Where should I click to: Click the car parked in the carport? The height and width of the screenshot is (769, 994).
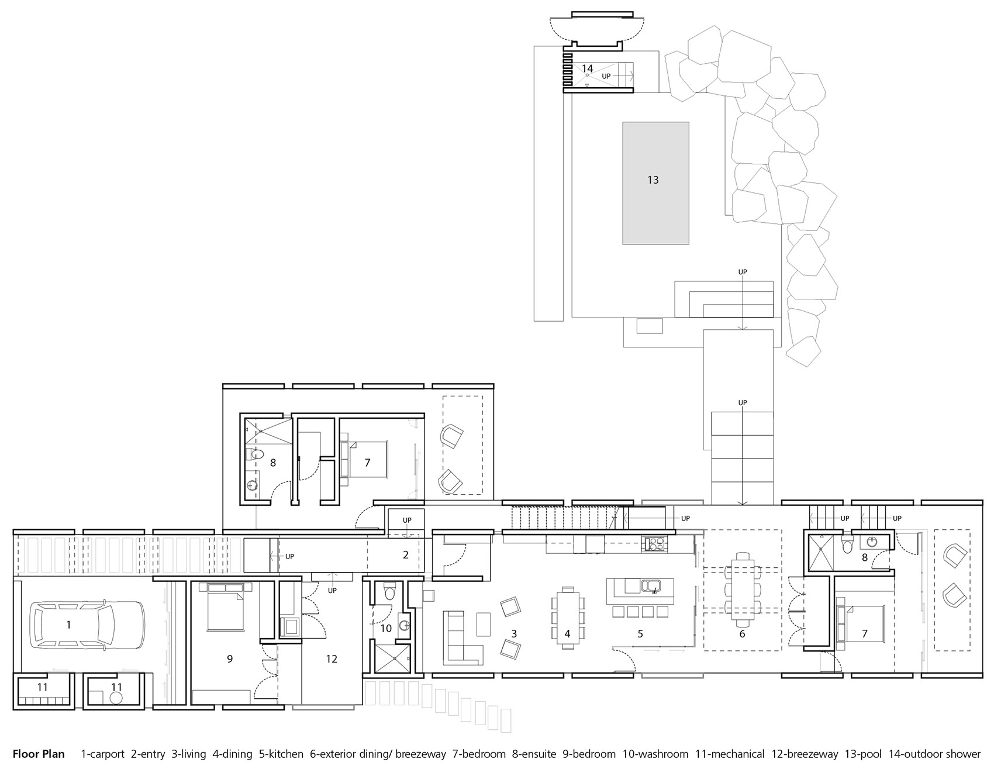tap(88, 625)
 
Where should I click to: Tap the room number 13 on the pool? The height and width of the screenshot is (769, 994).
tap(653, 180)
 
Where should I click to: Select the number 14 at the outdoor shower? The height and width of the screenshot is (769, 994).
tap(587, 68)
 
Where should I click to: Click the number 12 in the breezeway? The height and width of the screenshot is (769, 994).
tap(332, 659)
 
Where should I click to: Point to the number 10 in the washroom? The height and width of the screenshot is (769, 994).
tap(386, 629)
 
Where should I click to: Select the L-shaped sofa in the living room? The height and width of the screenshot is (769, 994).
tap(463, 637)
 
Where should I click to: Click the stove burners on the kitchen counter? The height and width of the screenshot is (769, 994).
tap(653, 544)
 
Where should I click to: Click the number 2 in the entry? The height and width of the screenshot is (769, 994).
tap(406, 555)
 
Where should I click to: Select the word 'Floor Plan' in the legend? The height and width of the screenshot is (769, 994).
tap(39, 754)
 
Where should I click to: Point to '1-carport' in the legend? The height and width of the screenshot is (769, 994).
tap(102, 754)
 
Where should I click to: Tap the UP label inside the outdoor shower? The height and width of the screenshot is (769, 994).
tap(606, 76)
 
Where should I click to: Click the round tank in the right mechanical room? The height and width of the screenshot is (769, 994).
tap(116, 698)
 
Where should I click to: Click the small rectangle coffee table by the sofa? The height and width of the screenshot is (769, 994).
tap(484, 625)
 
